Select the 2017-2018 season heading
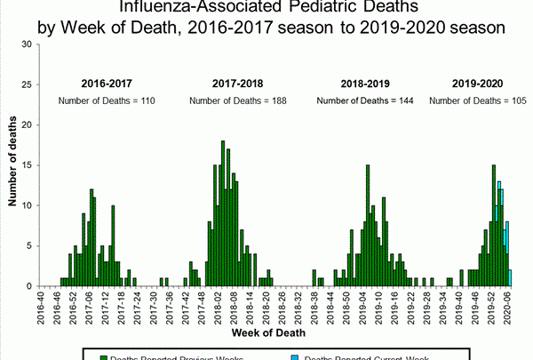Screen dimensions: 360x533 click(x=237, y=83)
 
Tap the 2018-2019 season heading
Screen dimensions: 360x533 click(x=366, y=83)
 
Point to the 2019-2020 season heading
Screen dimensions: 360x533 click(x=476, y=83)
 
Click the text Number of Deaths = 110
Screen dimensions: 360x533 click(x=107, y=100)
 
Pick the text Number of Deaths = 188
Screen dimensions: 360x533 click(x=237, y=100)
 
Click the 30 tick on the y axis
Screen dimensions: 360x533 click(x=28, y=44)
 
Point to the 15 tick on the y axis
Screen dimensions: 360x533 click(x=28, y=165)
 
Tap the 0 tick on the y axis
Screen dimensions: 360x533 click(x=31, y=286)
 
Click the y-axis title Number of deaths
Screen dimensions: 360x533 click(x=13, y=165)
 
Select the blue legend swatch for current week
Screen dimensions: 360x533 click(x=298, y=357)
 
